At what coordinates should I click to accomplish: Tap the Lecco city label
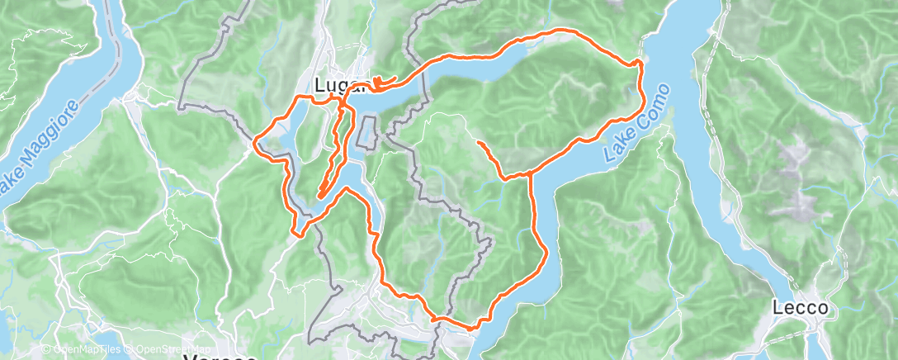point(800,308)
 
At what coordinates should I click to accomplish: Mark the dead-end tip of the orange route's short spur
point(479,143)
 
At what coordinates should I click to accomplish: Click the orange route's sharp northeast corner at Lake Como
point(640,63)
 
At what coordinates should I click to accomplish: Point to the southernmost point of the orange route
point(470,329)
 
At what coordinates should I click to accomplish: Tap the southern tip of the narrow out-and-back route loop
point(319,195)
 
